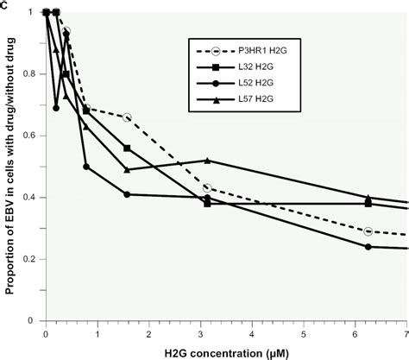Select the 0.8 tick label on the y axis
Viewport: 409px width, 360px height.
[x=32, y=74]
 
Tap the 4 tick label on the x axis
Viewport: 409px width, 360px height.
[x=252, y=332]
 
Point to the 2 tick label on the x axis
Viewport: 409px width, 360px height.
[x=148, y=332]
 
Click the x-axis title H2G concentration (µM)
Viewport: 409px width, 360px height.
[x=225, y=351]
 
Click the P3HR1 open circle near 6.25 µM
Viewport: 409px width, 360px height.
[x=368, y=231]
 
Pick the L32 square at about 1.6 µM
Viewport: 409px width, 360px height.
[x=127, y=148]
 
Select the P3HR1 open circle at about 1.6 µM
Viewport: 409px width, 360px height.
[x=127, y=117]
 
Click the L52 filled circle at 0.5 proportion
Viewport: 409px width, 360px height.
[x=86, y=167]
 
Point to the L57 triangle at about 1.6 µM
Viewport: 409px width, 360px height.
[x=127, y=169]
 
